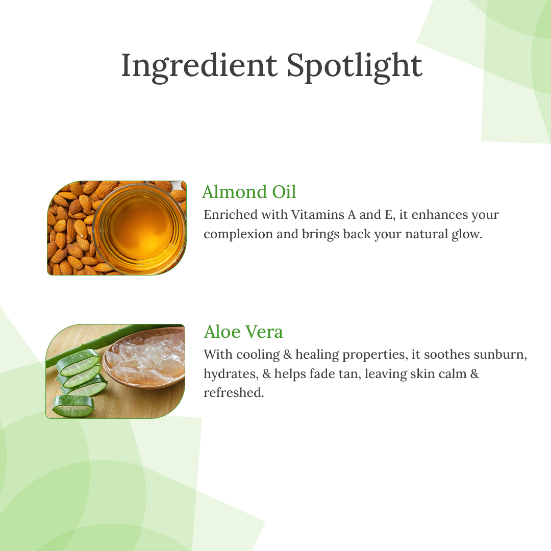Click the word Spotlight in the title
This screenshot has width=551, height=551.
pyautogui.click(x=355, y=67)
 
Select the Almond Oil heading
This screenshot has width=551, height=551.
pyautogui.click(x=249, y=192)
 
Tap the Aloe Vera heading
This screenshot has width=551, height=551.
pyautogui.click(x=243, y=332)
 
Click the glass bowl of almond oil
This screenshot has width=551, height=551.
pyautogui.click(x=140, y=229)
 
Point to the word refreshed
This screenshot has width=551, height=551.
pyautogui.click(x=234, y=392)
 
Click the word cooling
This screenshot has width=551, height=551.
pyautogui.click(x=258, y=355)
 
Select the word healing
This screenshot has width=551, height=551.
pyautogui.click(x=317, y=355)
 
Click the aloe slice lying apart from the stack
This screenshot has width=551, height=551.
pyautogui.click(x=73, y=406)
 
